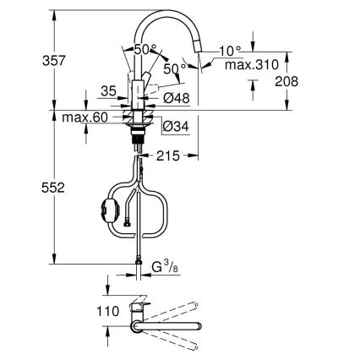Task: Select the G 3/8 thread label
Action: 165,270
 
